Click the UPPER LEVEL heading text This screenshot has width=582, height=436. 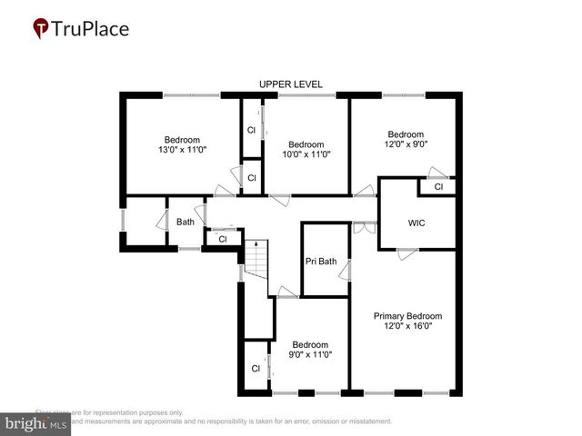[x=290, y=84]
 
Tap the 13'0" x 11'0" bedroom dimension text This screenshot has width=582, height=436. [x=183, y=149]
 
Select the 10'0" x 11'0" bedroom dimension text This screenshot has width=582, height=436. [x=306, y=154]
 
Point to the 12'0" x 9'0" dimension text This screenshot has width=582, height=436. [x=405, y=144]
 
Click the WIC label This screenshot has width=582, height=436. [x=416, y=223]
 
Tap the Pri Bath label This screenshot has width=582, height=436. [x=320, y=262]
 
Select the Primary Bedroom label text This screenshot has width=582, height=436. [x=403, y=316]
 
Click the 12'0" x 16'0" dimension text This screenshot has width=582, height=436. [x=403, y=326]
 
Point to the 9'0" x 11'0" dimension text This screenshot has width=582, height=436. [x=309, y=354]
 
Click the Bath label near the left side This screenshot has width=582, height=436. [x=185, y=222]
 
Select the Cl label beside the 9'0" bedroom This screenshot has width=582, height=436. [x=256, y=369]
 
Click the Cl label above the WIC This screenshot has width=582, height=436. [x=437, y=187]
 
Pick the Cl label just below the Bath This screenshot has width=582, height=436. [x=222, y=240]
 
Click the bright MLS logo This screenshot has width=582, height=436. [x=36, y=423]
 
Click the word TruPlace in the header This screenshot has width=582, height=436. [x=91, y=29]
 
